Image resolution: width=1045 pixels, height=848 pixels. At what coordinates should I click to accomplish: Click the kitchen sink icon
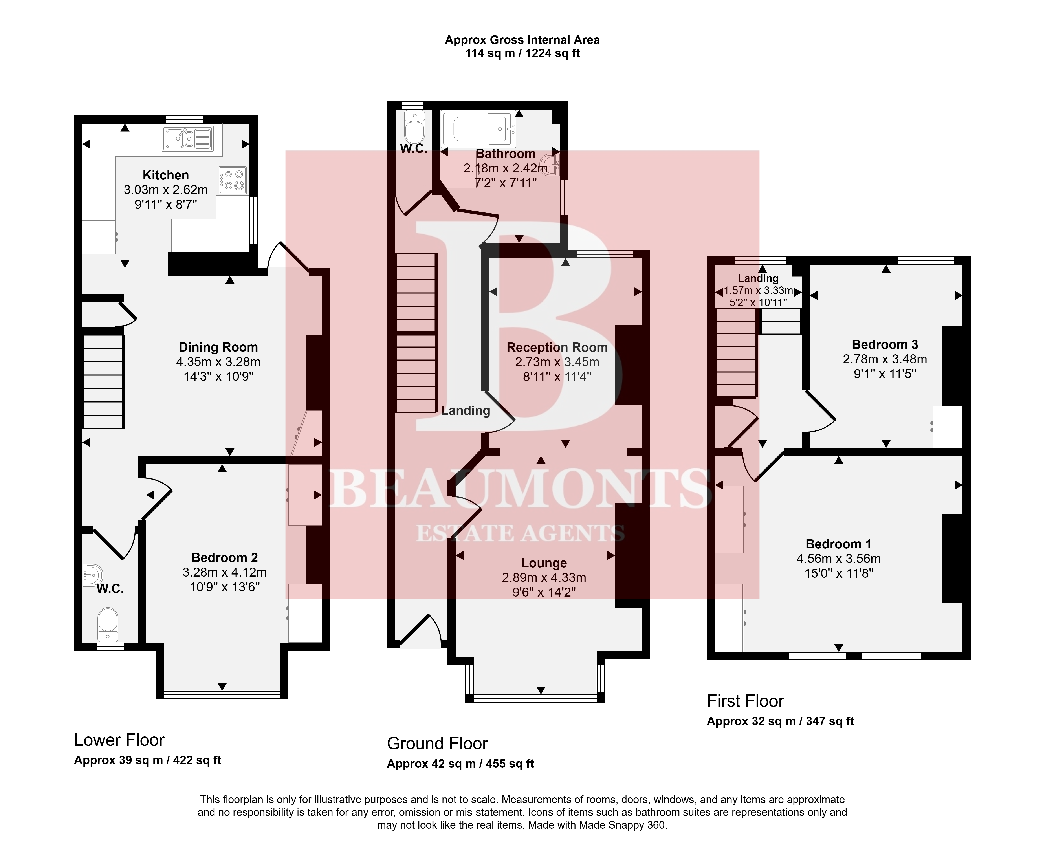point(188,138)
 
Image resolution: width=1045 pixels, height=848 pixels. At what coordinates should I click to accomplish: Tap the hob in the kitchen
point(233,180)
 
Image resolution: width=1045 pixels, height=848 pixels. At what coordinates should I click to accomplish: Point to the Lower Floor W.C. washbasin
point(92,575)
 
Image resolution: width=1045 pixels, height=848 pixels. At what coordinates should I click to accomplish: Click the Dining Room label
point(218,347)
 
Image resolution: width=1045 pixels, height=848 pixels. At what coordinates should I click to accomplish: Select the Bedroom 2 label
point(225,557)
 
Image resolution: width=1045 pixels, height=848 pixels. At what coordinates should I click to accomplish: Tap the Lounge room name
point(544,563)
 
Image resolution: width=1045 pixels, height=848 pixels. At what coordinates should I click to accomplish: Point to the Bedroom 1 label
point(838,544)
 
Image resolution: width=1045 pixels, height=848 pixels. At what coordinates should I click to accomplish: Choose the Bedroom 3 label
point(885,344)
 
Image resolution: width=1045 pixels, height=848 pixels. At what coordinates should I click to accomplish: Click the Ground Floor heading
point(437,744)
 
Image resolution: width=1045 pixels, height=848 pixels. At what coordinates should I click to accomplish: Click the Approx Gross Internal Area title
point(522,40)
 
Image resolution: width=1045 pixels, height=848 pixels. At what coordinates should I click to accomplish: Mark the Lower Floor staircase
point(103,381)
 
